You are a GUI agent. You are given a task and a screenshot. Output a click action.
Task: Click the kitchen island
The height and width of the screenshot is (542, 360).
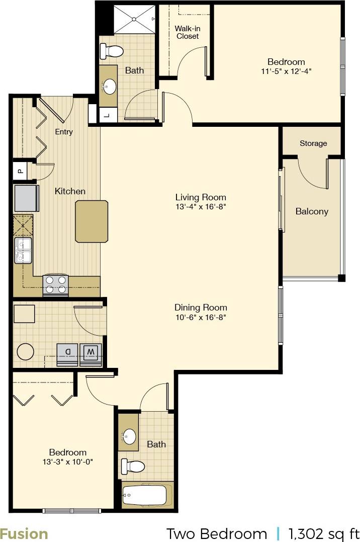pyautogui.click(x=92, y=221)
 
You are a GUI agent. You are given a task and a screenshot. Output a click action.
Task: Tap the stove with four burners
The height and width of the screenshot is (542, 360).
pyautogui.click(x=56, y=284)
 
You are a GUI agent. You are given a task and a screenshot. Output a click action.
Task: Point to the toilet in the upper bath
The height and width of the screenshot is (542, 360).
pyautogui.click(x=112, y=51)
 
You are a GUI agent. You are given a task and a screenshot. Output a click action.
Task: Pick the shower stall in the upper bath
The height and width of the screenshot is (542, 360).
pyautogui.click(x=135, y=20)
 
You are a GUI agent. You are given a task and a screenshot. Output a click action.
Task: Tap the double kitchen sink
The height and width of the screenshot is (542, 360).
pyautogui.click(x=23, y=251)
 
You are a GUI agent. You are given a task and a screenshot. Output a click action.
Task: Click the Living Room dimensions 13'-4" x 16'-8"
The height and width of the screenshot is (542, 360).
pyautogui.click(x=201, y=207)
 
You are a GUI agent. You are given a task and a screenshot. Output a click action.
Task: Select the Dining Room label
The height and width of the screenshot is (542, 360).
pyautogui.click(x=201, y=307)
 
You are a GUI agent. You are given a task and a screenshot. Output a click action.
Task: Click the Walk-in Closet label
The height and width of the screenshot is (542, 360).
pyautogui.click(x=187, y=32)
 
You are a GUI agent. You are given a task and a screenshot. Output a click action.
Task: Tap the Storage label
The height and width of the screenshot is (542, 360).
pyautogui.click(x=313, y=143)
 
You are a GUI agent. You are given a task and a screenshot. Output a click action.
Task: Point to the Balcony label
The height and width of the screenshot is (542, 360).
pyautogui.click(x=312, y=211)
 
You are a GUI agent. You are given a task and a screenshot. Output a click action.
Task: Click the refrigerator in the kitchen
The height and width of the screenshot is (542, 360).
pyautogui.click(x=27, y=198)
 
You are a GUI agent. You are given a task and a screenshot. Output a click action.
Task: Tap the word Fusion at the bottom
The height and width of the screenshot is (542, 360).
pyautogui.click(x=24, y=533)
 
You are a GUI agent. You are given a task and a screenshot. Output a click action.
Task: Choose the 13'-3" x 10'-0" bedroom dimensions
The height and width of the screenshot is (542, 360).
pyautogui.click(x=68, y=461)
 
